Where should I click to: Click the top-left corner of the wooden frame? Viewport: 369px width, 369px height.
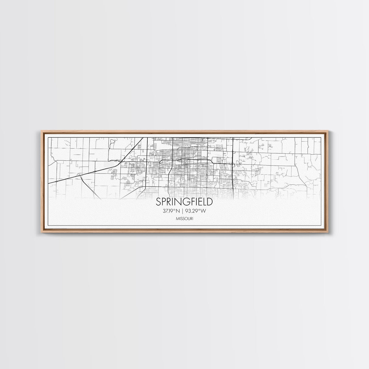pyautogui.click(x=42, y=131)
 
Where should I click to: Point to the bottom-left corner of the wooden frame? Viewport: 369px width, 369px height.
pyautogui.click(x=42, y=233)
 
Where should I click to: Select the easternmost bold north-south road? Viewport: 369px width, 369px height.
pyautogui.click(x=233, y=164)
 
